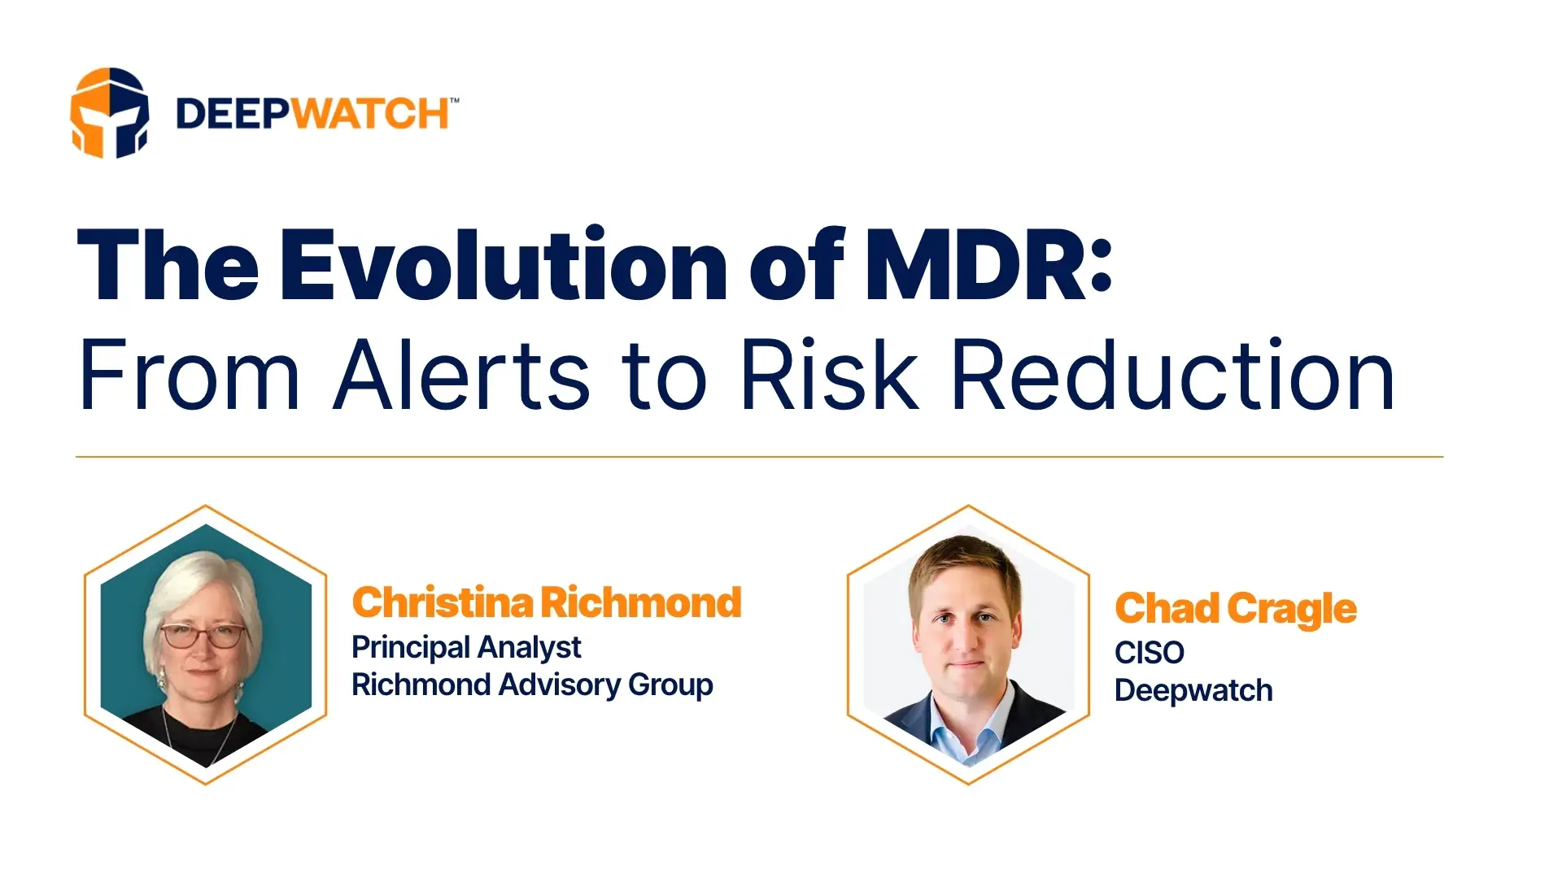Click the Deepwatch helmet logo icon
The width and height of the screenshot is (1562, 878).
pyautogui.click(x=109, y=112)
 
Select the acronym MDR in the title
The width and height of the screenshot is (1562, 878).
pyautogui.click(x=973, y=265)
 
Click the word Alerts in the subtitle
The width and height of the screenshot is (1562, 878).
pyautogui.click(x=462, y=376)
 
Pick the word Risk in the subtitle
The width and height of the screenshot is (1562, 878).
pyautogui.click(x=830, y=376)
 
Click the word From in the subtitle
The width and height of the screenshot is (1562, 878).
pyautogui.click(x=189, y=376)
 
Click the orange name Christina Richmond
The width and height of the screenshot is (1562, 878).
pyautogui.click(x=547, y=602)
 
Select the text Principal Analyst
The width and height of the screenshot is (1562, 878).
pyautogui.click(x=466, y=647)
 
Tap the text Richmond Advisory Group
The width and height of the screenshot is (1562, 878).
pyautogui.click(x=532, y=685)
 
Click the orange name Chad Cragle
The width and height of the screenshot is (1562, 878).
pyautogui.click(x=1235, y=609)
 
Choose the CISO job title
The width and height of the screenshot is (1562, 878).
pyautogui.click(x=1149, y=652)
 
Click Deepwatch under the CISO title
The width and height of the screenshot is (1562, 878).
pyautogui.click(x=1193, y=690)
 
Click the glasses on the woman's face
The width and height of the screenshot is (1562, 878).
pyautogui.click(x=203, y=636)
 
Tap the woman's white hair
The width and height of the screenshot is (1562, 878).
pyautogui.click(x=203, y=577)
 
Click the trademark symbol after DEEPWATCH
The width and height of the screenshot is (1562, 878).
pyautogui.click(x=454, y=101)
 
